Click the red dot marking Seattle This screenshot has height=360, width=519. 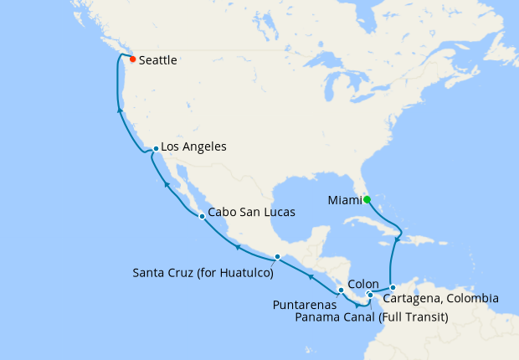point(132,59)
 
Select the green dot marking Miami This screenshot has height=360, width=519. point(367,199)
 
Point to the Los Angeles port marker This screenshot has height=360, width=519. point(156,149)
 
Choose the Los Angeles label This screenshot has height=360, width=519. point(193,146)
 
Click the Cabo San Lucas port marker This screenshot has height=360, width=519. point(202,216)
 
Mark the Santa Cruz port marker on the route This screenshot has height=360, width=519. point(277,256)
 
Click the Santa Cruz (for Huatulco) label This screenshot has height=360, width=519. point(203,273)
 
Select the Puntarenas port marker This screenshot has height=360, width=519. point(341,290)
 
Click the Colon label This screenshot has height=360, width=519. point(362,284)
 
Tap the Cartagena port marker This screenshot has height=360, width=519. point(393,288)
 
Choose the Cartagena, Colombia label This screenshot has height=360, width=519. point(441,298)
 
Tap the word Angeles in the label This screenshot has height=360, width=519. point(205,146)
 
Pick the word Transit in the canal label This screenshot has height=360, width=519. point(426,317)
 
